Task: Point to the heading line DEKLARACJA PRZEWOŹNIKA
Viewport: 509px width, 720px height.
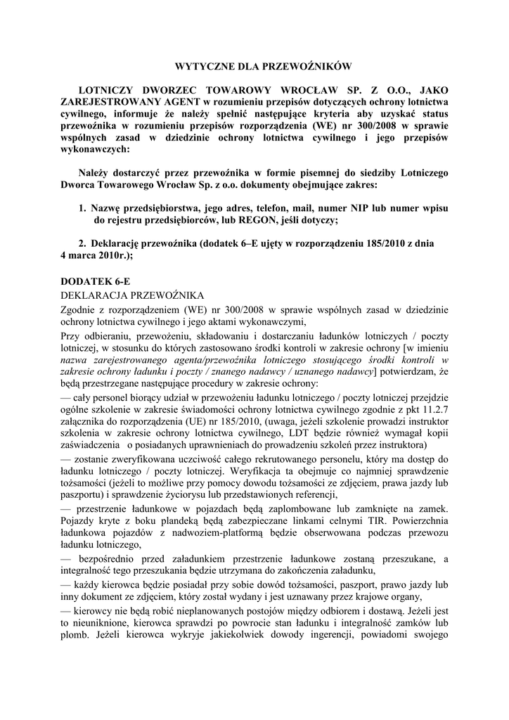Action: pyautogui.click(x=132, y=294)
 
